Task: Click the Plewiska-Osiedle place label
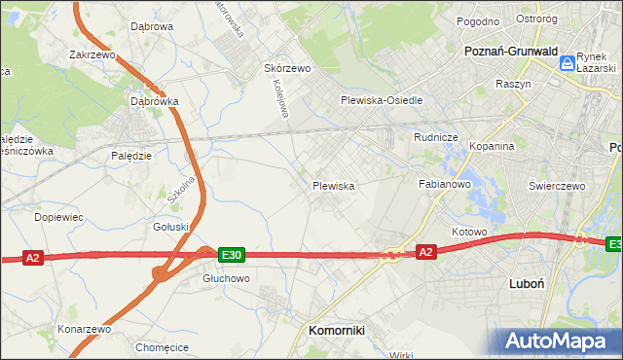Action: (x=381, y=101)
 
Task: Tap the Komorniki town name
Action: (x=336, y=330)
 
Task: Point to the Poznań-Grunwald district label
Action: (x=509, y=51)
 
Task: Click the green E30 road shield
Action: (x=231, y=255)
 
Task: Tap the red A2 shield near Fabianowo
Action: (x=425, y=252)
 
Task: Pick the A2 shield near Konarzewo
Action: (x=33, y=258)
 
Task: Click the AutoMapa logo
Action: (x=559, y=340)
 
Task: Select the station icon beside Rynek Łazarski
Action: (x=567, y=63)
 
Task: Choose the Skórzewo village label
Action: (x=287, y=69)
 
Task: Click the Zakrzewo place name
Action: (x=92, y=55)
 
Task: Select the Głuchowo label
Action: (x=227, y=277)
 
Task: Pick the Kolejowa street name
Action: (x=277, y=99)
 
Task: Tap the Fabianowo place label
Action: (x=445, y=183)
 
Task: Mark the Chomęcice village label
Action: (x=162, y=346)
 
